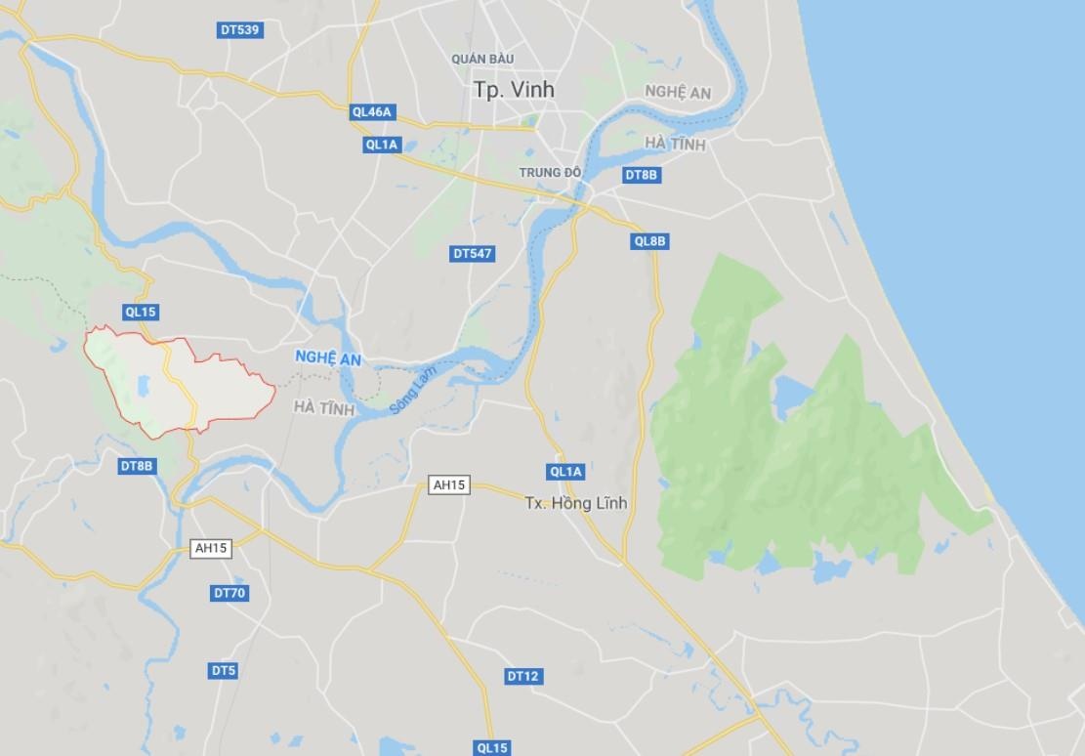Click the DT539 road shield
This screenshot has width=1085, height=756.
click(239, 30)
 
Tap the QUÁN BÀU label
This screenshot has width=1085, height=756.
click(476, 60)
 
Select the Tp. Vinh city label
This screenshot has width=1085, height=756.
click(513, 89)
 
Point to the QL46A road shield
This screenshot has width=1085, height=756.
click(372, 112)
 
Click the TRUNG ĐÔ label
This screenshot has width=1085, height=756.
click(550, 173)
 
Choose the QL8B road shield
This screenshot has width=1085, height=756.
click(649, 241)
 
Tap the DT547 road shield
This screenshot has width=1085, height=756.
click(473, 254)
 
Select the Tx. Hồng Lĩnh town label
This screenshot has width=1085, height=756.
click(575, 504)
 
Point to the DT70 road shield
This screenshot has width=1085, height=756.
click(230, 593)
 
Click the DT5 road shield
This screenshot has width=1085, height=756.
click(224, 671)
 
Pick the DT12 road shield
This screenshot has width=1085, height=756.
click(522, 676)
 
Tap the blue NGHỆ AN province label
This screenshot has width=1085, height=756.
click(327, 359)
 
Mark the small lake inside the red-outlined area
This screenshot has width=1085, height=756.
click(146, 388)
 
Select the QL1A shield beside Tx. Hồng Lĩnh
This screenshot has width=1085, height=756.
click(565, 472)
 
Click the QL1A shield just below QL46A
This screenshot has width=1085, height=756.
click(381, 145)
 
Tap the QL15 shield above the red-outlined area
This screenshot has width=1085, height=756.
click(140, 313)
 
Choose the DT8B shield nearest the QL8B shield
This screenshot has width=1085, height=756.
click(642, 175)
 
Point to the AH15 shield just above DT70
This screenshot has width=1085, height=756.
click(210, 549)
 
